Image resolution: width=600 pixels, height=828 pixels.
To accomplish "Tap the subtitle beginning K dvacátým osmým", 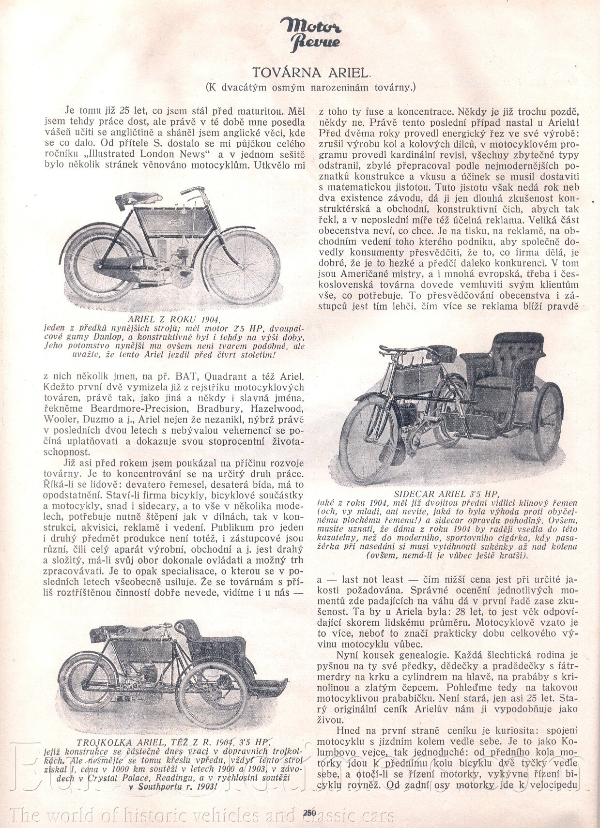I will pyautogui.click(x=310, y=88).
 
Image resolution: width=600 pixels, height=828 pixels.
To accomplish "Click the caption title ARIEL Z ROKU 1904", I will pyautogui.click(x=175, y=319).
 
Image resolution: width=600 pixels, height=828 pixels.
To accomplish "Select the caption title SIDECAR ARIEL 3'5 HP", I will pyautogui.click(x=446, y=494).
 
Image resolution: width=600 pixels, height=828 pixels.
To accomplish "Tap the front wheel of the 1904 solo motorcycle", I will pyautogui.click(x=241, y=266).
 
